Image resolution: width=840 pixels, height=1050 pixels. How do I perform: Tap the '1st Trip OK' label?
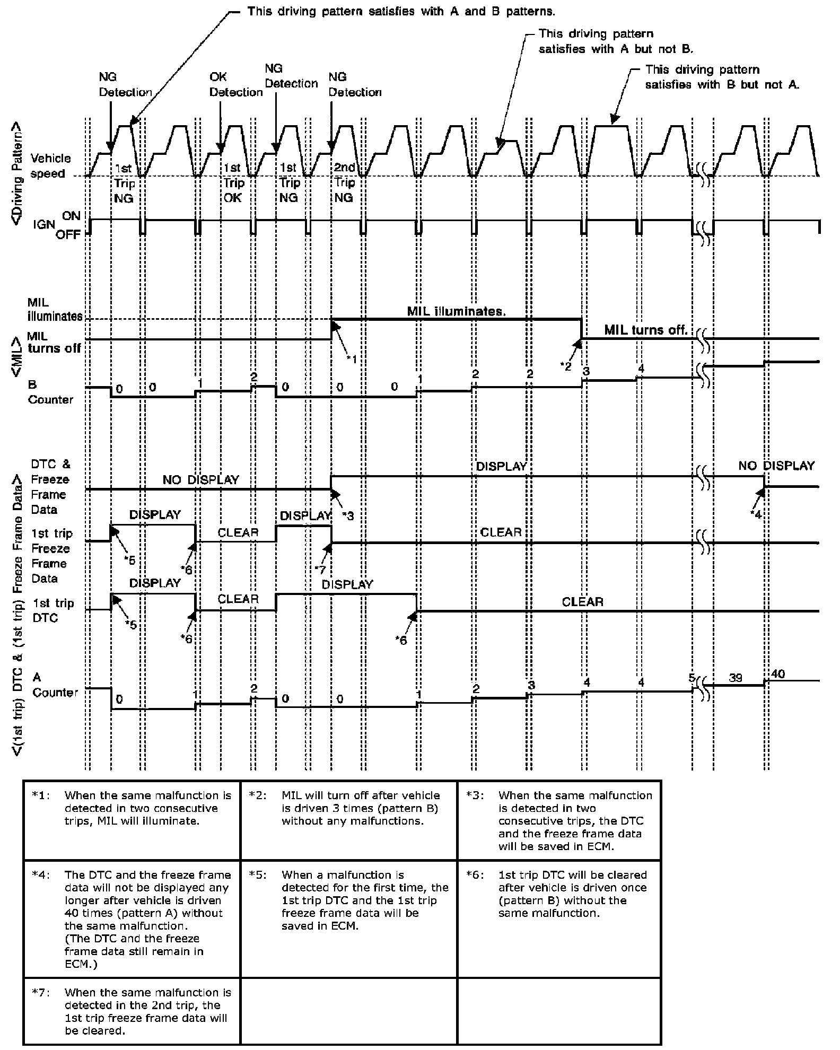pos(233,182)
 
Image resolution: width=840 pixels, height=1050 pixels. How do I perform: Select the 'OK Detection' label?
pos(235,85)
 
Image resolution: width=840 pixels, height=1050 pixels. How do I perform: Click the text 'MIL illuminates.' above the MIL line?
pos(456,311)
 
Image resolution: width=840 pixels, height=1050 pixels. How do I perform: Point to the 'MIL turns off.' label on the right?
pos(645,330)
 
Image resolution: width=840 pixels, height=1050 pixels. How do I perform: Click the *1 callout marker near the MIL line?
pos(352,360)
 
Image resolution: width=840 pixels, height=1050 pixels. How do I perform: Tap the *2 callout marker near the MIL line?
pos(566,366)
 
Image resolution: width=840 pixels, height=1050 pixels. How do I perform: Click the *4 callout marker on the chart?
pos(757,513)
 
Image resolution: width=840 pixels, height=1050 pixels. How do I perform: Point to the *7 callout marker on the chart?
pos(319,569)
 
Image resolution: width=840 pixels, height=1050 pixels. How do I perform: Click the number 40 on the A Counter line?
pos(778,674)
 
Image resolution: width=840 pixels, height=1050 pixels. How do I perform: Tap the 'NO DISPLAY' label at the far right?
pos(776,466)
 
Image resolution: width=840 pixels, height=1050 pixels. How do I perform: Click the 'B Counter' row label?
pos(50,392)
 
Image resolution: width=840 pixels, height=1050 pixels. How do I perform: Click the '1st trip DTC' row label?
pos(53,610)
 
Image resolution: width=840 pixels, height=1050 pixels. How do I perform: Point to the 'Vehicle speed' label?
pos(50,166)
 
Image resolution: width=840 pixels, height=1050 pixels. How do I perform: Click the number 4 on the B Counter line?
pos(641,368)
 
